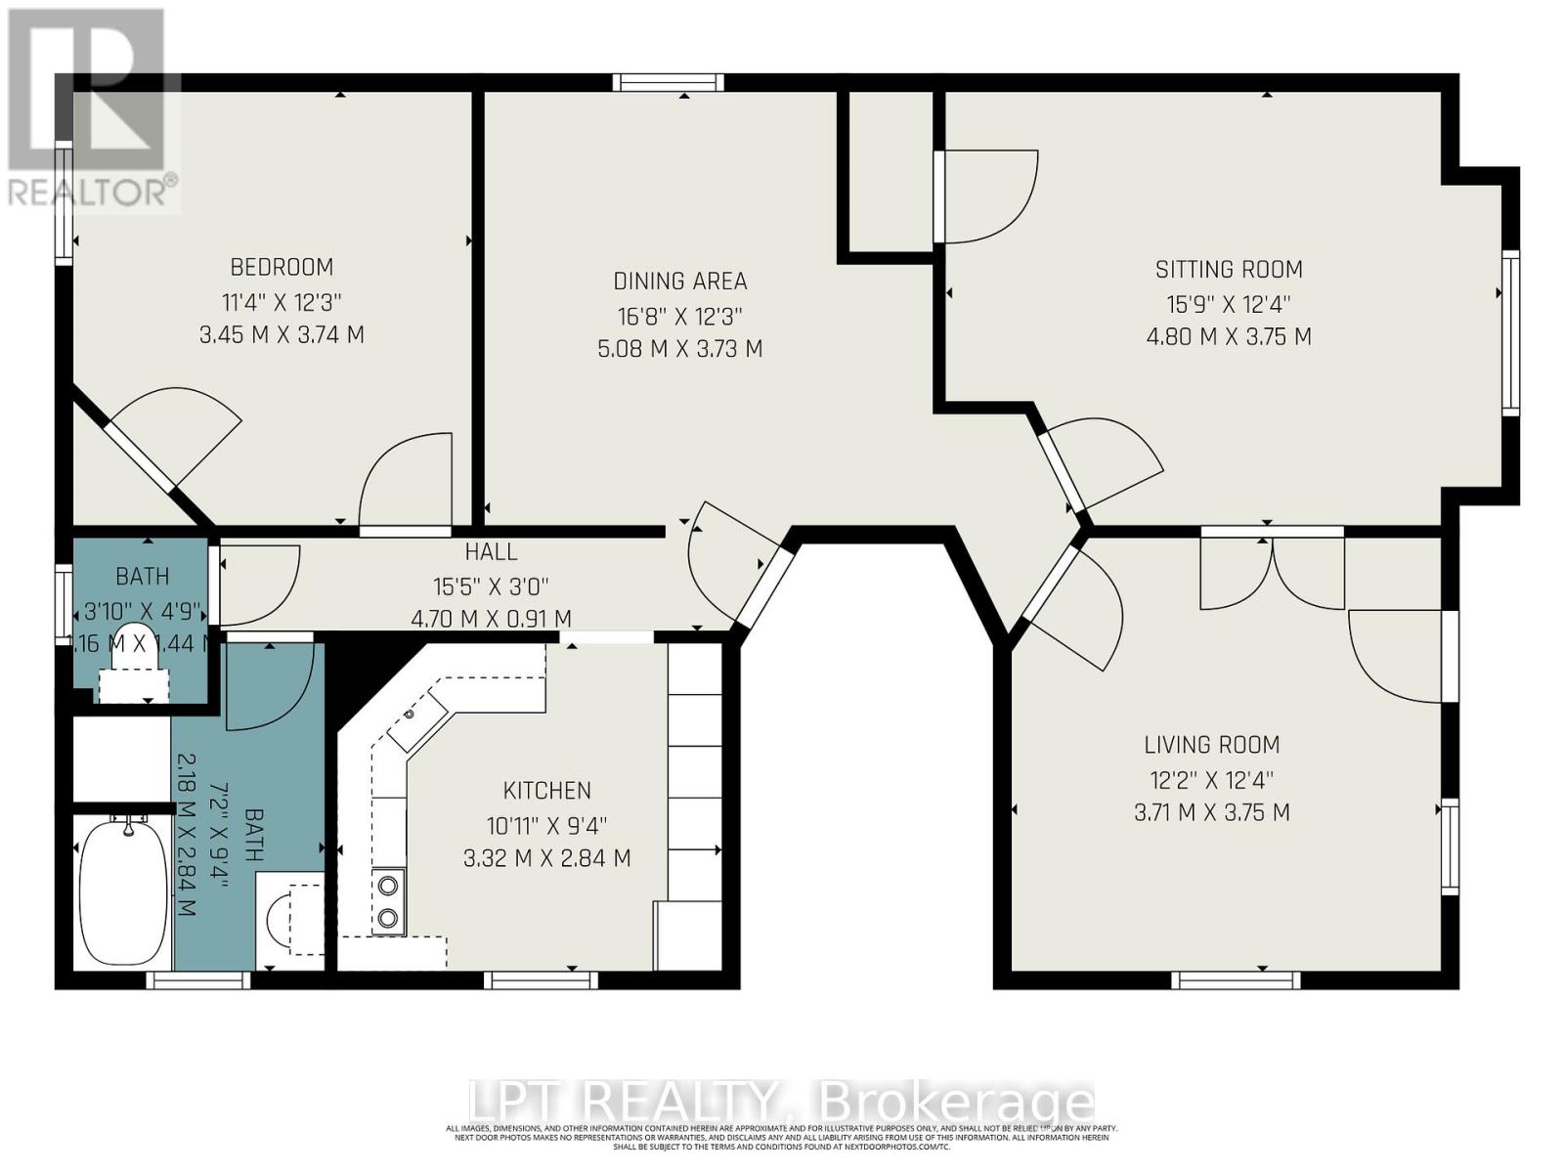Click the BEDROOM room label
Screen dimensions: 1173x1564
[282, 267]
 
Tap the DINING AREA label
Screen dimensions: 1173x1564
[679, 282]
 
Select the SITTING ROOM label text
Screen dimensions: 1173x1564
[1229, 270]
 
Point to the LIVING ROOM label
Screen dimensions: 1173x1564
[1211, 745]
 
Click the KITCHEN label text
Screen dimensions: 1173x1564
[546, 791]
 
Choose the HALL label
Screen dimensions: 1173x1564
[491, 552]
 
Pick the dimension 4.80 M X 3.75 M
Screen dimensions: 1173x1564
[1229, 337]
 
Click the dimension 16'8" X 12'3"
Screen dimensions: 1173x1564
[679, 317]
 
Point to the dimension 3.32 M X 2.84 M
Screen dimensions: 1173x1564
[546, 859]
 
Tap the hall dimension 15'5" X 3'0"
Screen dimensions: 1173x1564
[491, 586]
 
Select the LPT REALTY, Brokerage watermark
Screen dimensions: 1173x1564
[782, 1103]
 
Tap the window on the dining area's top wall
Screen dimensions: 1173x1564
[669, 83]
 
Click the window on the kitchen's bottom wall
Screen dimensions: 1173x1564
[541, 979]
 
